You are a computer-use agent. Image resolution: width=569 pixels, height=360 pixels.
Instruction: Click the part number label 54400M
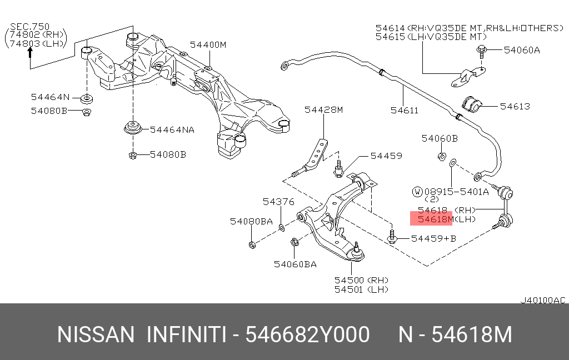(208, 44)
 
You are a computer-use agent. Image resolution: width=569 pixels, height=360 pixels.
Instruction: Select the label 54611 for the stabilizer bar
(404, 111)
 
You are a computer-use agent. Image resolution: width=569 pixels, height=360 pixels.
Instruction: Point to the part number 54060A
(522, 50)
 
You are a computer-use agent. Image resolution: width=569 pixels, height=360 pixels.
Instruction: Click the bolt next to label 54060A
(481, 52)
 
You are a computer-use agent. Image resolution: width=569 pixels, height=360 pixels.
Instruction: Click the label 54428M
(323, 110)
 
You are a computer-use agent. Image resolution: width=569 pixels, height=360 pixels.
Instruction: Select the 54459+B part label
(433, 238)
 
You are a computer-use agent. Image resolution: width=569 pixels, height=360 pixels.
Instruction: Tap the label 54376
(279, 202)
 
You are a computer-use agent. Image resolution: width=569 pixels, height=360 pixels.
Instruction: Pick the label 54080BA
(251, 221)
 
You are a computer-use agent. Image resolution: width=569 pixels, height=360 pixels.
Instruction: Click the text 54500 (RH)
(361, 280)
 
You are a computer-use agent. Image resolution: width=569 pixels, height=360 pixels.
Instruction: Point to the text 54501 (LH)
(361, 289)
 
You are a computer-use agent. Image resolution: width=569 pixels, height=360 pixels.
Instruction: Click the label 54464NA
(172, 129)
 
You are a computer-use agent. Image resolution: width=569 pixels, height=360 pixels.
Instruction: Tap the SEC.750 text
(30, 26)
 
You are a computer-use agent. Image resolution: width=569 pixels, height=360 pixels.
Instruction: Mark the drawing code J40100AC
(543, 300)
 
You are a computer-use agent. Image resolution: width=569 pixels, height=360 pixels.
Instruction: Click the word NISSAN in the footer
(96, 335)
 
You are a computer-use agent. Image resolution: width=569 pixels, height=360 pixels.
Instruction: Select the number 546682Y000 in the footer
(307, 335)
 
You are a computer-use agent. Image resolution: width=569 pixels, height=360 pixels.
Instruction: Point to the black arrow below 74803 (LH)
(31, 54)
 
